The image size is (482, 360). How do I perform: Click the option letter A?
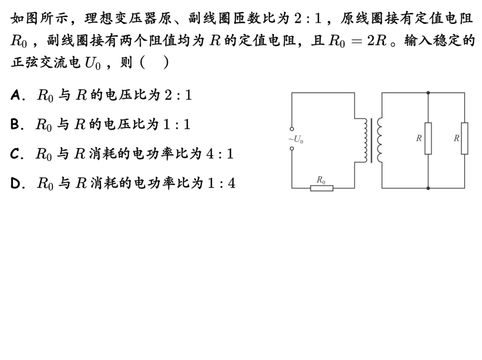click(15, 96)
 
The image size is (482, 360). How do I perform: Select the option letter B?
click(15, 125)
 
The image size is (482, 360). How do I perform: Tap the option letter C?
click(15, 154)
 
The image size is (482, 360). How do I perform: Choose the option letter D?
click(15, 183)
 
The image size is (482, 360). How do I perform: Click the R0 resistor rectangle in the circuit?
click(321, 188)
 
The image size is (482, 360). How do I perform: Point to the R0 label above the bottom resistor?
click(321, 179)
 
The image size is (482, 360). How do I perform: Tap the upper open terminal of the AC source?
click(292, 129)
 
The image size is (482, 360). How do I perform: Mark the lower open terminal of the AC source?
click(292, 148)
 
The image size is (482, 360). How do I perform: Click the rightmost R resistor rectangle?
click(464, 138)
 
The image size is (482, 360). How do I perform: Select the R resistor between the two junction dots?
click(428, 138)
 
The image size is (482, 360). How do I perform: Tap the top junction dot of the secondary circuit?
click(428, 93)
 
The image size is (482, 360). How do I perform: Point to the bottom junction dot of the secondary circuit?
click(428, 188)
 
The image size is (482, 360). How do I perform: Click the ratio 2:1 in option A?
click(177, 96)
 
